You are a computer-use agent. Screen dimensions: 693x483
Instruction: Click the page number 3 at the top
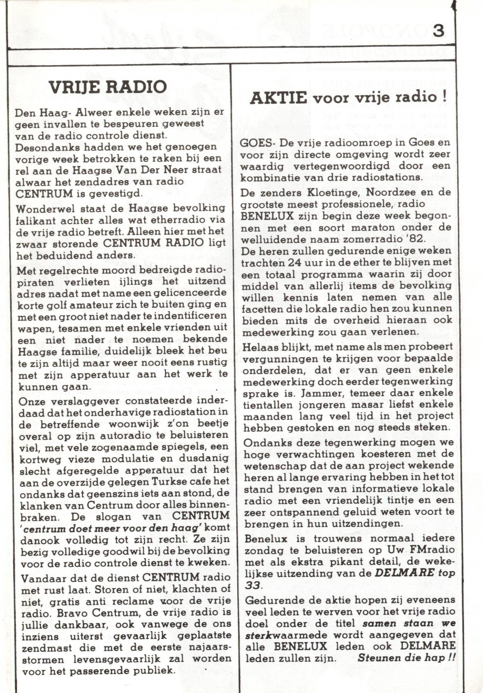438,31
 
